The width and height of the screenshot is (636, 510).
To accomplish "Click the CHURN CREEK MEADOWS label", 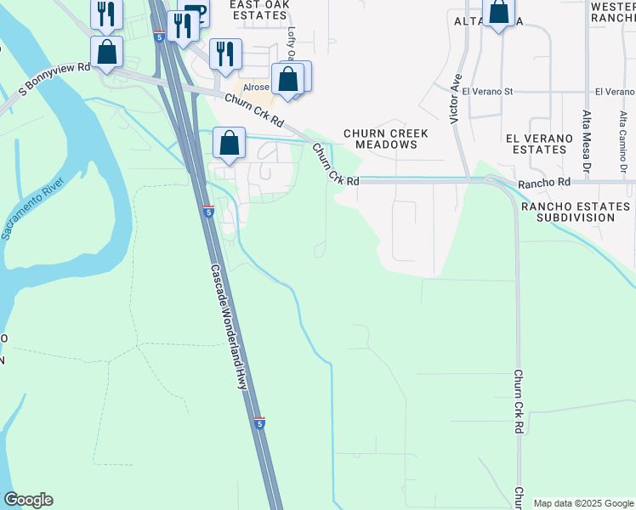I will coord(385,139).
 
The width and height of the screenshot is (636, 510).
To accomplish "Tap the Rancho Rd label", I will coord(544,182).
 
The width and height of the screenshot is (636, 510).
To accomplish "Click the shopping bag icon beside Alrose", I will coord(288,80).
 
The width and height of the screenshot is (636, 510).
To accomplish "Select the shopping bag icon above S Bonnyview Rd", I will coord(107,52).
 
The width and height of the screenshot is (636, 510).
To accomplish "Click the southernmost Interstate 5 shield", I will coord(259,422).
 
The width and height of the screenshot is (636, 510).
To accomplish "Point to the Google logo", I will coord(28,500).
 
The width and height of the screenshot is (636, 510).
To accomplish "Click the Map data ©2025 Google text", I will coord(583,503).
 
